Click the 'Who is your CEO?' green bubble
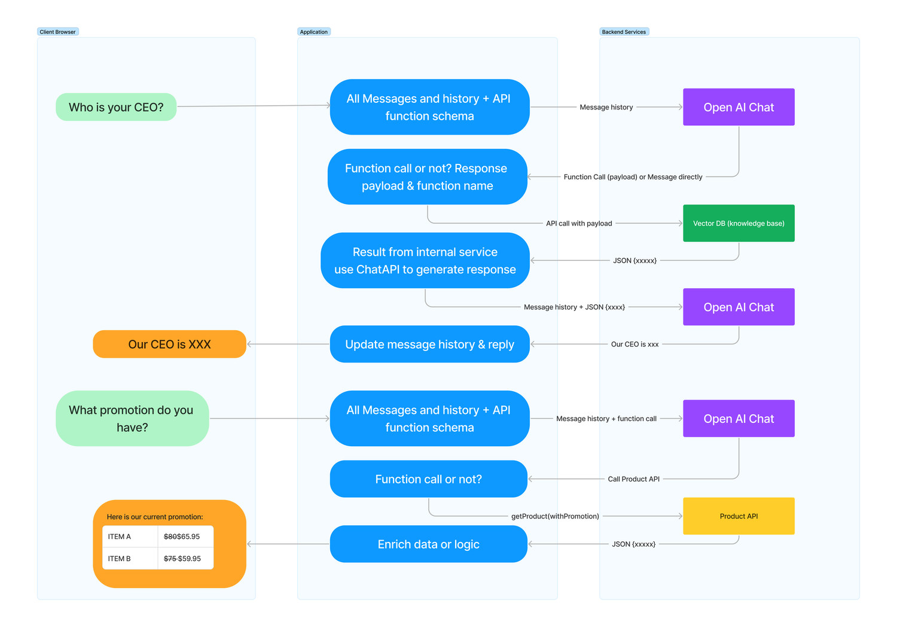click(116, 107)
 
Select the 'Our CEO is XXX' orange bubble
click(169, 345)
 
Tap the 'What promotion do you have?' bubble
click(132, 419)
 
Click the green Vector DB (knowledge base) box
click(739, 223)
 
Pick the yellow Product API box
click(739, 516)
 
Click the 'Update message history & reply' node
click(429, 345)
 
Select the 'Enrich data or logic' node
click(428, 544)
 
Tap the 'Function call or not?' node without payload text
click(428, 479)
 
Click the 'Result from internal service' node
click(425, 261)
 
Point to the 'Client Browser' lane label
click(57, 32)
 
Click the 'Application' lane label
click(314, 32)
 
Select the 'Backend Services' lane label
click(624, 32)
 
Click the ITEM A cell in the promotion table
click(129, 537)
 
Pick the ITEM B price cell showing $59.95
click(185, 559)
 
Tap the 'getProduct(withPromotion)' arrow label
click(555, 516)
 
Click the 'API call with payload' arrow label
click(579, 224)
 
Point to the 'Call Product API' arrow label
click(633, 479)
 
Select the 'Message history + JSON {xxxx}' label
click(574, 307)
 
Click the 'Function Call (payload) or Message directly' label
click(633, 177)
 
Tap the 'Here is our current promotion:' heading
click(155, 517)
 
